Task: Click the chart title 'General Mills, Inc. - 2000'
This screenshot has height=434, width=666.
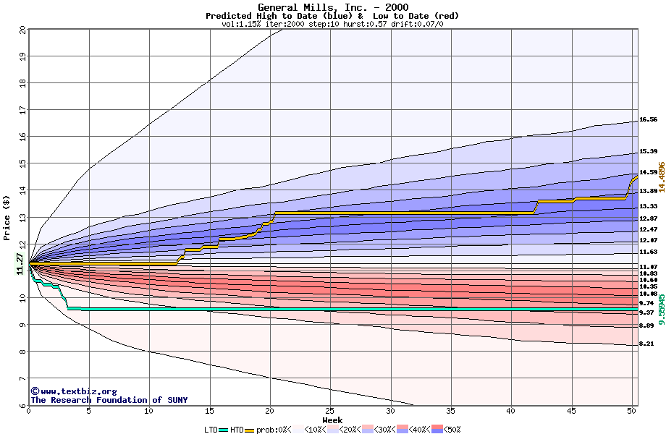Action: point(332,7)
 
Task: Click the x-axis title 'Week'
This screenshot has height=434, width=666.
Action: point(332,420)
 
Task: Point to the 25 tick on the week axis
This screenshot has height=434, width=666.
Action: point(330,411)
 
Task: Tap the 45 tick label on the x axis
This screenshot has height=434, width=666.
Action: point(571,411)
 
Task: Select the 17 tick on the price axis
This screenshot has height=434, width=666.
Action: point(22,110)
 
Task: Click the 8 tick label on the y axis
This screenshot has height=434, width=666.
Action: point(23,352)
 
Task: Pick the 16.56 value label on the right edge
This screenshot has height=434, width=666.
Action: point(648,120)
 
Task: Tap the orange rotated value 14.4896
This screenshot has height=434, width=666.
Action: point(661,177)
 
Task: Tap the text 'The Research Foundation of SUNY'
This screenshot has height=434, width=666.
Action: point(109,400)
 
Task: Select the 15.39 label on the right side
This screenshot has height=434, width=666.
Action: point(648,152)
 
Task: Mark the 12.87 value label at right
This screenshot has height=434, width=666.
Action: point(648,218)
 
